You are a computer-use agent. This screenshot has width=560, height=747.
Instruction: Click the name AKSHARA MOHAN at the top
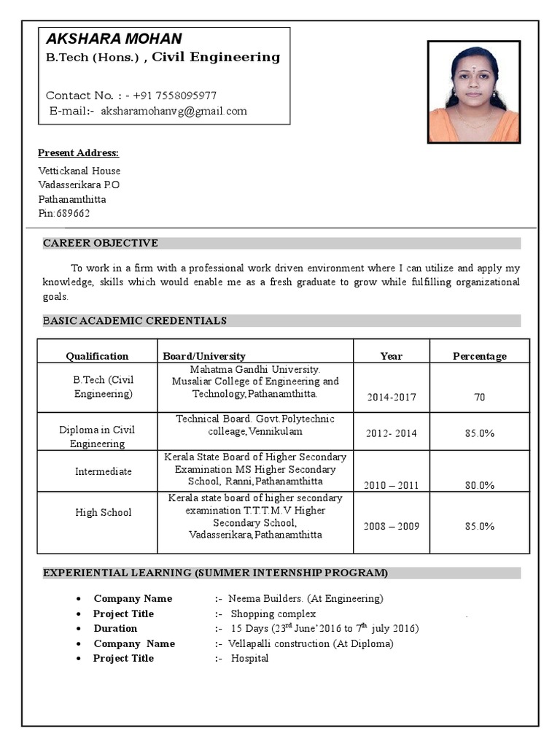coord(114,39)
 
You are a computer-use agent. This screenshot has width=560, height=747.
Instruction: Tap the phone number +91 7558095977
coord(175,96)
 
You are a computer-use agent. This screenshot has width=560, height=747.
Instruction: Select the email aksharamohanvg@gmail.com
coord(174,111)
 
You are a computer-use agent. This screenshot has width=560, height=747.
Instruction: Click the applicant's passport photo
coord(473,92)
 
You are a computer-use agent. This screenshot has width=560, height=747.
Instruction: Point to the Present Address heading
coord(78,153)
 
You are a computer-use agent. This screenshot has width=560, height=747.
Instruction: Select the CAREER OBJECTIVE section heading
coord(101,243)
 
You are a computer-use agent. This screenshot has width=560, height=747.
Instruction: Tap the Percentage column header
coord(479,356)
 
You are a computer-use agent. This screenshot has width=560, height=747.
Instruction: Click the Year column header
coord(391,356)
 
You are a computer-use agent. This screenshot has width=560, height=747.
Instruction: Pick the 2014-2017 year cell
coord(392,398)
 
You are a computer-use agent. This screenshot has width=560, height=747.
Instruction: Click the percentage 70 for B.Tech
coord(479,398)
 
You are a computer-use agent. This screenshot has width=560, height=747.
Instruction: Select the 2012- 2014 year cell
coord(392,433)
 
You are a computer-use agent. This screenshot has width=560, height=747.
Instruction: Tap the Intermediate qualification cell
coord(104,471)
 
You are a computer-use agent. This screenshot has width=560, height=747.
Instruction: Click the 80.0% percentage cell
coord(480,485)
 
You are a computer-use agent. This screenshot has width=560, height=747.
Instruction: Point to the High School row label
coord(104,512)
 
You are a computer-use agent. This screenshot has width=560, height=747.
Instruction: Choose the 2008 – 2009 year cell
coord(392,526)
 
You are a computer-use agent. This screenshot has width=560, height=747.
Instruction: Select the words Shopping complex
coord(273,614)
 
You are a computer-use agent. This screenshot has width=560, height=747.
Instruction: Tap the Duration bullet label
coord(115,628)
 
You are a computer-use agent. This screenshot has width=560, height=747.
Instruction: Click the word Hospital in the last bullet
coord(250,658)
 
